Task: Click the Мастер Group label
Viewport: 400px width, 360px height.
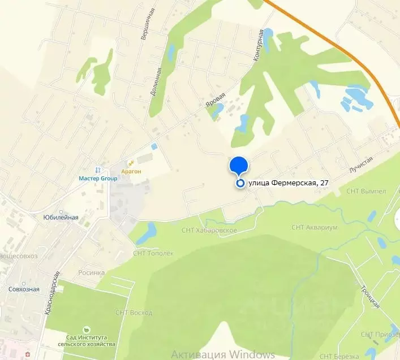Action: pyautogui.click(x=98, y=179)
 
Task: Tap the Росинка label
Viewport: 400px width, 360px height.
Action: pyautogui.click(x=92, y=272)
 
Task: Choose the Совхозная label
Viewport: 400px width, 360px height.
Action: pyautogui.click(x=24, y=289)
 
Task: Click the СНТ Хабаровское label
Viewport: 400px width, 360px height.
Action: pyautogui.click(x=208, y=230)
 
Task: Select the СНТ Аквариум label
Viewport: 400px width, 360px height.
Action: pyautogui.click(x=315, y=227)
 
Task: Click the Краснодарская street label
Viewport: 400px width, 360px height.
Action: pyautogui.click(x=53, y=302)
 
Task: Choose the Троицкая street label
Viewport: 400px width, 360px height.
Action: pyautogui.click(x=369, y=294)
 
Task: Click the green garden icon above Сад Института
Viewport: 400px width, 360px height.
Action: pyautogui.click(x=86, y=329)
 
